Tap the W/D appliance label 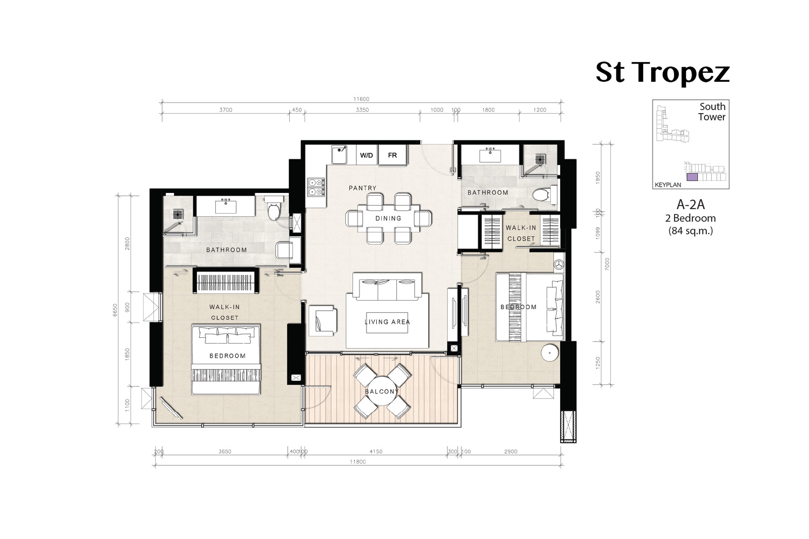366,156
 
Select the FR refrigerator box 392,155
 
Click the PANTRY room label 363,188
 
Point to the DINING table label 388,218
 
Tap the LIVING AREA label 387,322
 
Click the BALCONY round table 382,391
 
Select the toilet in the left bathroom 274,209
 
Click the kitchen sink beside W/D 339,155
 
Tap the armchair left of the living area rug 323,321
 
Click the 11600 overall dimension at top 361,99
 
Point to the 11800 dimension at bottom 357,461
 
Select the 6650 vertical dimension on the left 115,310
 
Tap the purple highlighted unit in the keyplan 692,177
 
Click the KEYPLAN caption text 668,185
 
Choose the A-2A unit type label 691,205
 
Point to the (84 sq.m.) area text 691,231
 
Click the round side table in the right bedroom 550,352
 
